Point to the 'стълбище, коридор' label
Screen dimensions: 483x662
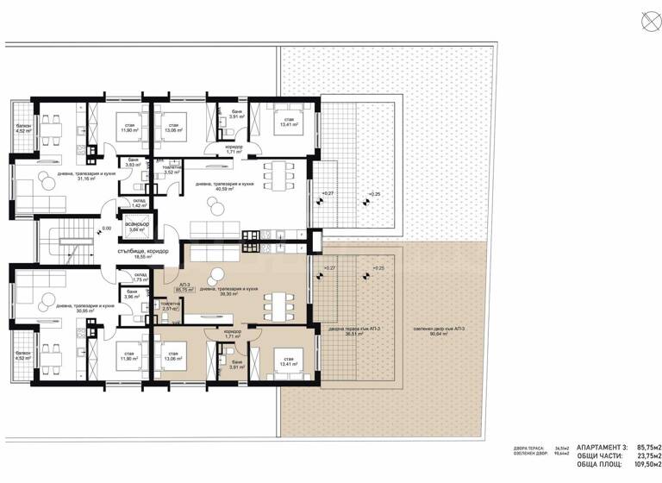coord(142,251)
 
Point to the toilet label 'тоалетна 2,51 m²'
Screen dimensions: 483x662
coord(171,306)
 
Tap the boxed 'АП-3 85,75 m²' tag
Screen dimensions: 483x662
coord(184,287)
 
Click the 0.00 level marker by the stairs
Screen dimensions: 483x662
coord(106,229)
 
